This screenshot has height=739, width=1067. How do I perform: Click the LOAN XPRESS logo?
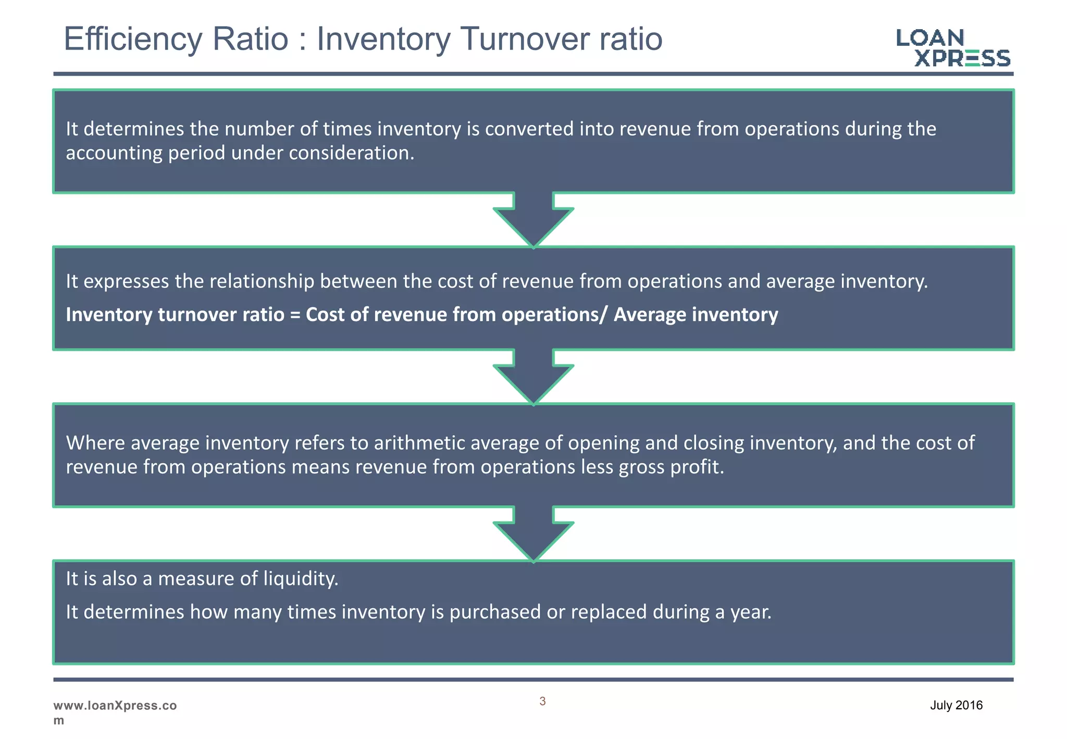[x=953, y=47]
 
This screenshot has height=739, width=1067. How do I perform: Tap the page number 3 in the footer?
[x=542, y=701]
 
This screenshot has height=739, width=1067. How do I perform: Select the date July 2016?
[x=956, y=706]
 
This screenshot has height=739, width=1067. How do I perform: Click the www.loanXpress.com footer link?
[x=115, y=712]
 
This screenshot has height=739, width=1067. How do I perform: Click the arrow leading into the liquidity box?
[x=533, y=534]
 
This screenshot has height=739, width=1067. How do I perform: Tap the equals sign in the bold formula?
[x=295, y=315]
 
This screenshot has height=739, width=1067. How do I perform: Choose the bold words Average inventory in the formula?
[x=696, y=315]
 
